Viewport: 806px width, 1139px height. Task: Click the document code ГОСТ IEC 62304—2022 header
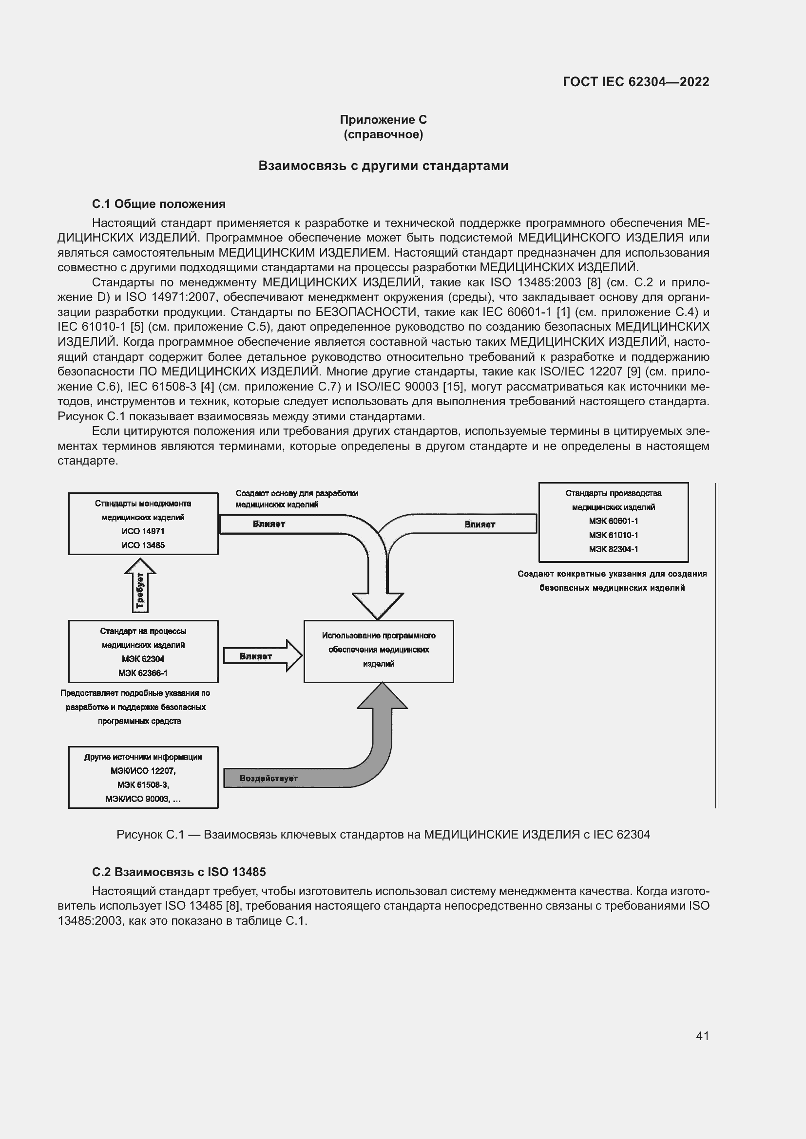(x=635, y=82)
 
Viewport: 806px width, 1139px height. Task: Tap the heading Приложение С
(x=383, y=120)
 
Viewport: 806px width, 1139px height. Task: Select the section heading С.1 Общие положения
(x=159, y=204)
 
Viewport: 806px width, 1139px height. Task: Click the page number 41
(x=702, y=1036)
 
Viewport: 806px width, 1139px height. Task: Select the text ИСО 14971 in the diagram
(x=143, y=531)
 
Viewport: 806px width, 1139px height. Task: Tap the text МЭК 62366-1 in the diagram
(x=143, y=673)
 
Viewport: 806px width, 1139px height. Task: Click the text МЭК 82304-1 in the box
(x=614, y=549)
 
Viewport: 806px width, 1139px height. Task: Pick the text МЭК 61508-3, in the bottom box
(x=143, y=785)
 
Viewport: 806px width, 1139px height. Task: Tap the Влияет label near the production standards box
(x=480, y=524)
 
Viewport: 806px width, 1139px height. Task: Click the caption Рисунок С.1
(x=383, y=835)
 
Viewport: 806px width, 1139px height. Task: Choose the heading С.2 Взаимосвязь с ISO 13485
(x=179, y=872)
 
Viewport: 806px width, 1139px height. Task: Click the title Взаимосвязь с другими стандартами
(x=383, y=166)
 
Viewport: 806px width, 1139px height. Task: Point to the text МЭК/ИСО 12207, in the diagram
(x=143, y=771)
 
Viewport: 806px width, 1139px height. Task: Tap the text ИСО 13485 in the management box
(x=143, y=545)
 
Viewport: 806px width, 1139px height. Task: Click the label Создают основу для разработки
(x=297, y=494)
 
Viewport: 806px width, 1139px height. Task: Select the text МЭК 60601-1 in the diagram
(x=614, y=521)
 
